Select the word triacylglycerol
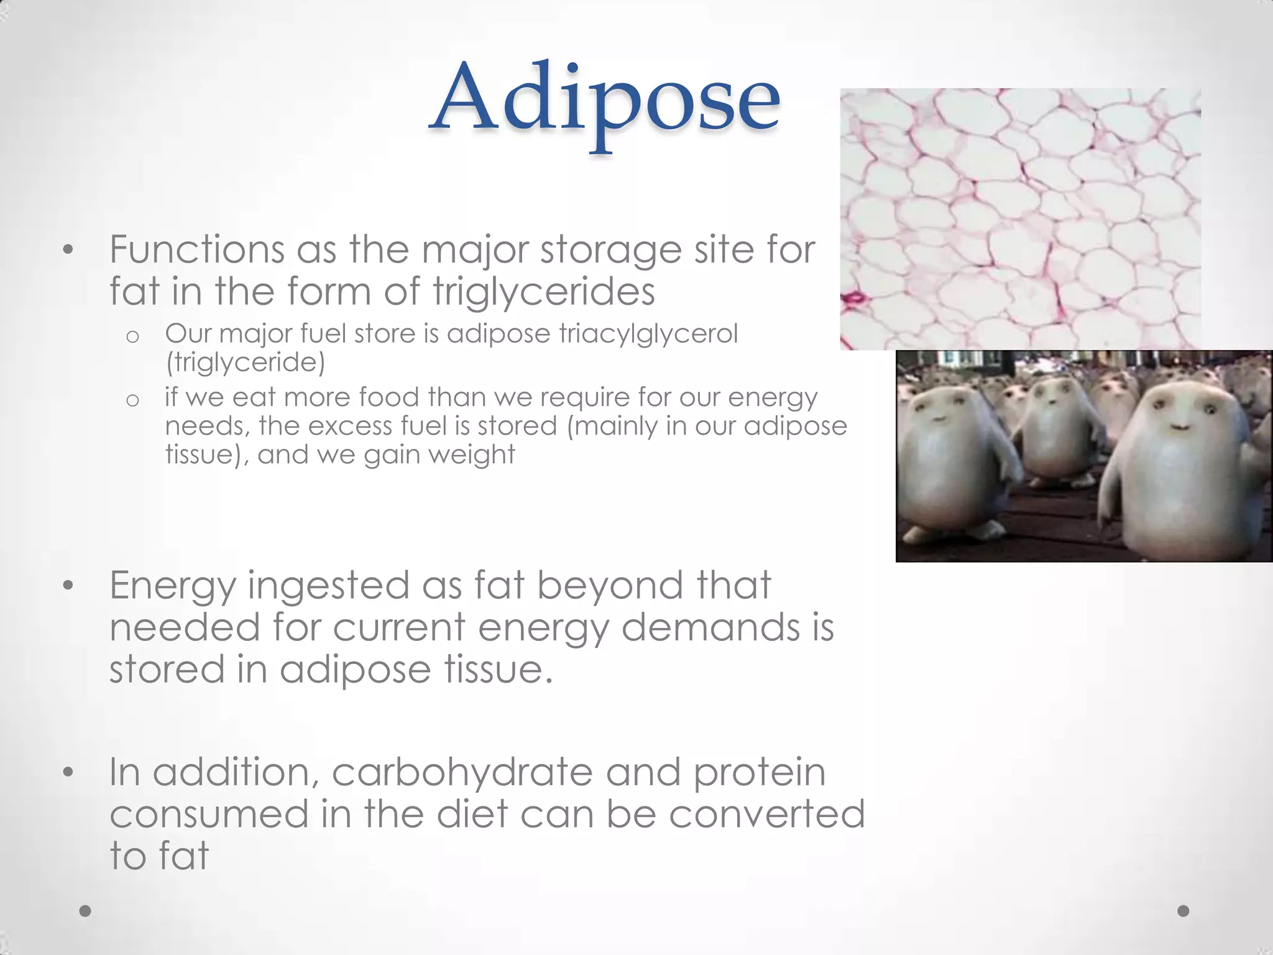coord(648,334)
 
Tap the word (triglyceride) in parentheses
coord(245,362)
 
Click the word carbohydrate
coord(462,773)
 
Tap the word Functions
coord(197,250)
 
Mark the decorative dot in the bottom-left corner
coord(86,911)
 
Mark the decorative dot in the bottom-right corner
coord(1183,911)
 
